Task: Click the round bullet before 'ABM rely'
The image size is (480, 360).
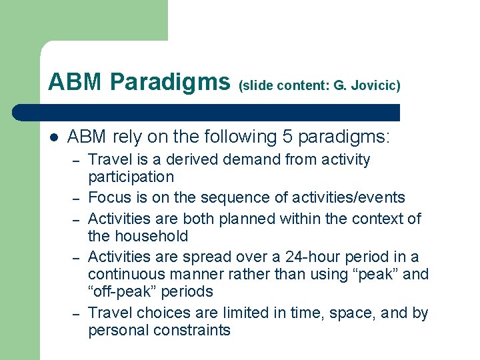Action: [x=53, y=137]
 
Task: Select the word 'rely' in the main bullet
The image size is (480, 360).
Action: [x=124, y=137]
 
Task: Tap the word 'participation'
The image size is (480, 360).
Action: [x=131, y=177]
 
